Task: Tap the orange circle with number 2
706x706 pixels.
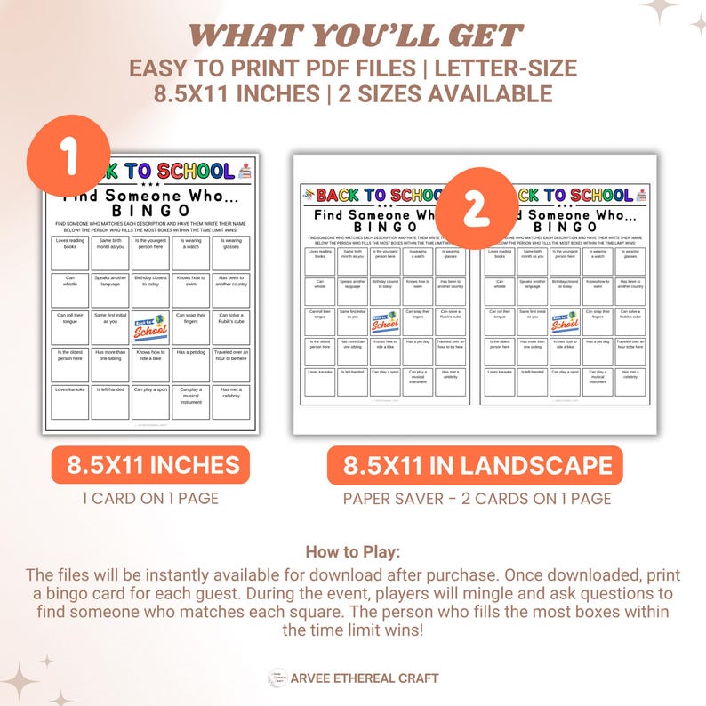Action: [476, 209]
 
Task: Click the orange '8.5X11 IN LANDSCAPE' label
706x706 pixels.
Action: [476, 465]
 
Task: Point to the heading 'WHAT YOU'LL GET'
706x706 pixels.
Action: [353, 36]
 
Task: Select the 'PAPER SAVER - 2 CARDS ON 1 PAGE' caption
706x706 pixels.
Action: [477, 498]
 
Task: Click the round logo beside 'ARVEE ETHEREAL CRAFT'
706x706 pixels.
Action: [277, 678]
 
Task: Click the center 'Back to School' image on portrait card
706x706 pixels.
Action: [150, 327]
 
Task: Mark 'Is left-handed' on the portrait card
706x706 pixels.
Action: [111, 401]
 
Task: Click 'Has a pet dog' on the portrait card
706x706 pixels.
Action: [191, 364]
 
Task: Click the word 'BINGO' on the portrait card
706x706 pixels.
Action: [150, 210]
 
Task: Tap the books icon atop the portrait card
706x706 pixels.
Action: [246, 171]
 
